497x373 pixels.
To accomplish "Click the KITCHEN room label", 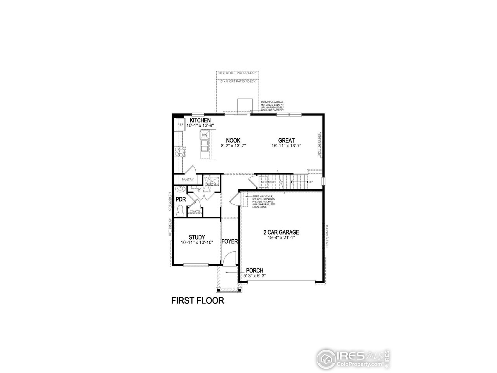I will [200, 120].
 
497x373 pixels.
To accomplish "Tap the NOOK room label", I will [233, 140].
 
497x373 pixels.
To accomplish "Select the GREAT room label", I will [286, 140].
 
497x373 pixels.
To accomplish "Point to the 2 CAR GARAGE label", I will [281, 232].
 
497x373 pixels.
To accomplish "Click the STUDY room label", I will [197, 237].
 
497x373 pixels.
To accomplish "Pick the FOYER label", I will [229, 241].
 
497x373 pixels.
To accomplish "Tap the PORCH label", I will [254, 270].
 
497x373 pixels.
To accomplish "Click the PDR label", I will [181, 199].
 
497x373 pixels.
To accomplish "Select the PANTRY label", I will [188, 180].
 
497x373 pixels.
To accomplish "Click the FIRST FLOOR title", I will [198, 301].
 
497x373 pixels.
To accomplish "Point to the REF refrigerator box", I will [180, 125].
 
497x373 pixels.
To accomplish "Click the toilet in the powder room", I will [180, 210].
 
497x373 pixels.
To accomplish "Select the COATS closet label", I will [195, 211].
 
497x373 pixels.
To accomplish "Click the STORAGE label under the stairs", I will [268, 182].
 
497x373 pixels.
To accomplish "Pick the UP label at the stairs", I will [311, 182].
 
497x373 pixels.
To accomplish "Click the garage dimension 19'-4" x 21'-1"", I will [281, 238].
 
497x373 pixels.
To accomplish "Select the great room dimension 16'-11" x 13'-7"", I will [286, 146].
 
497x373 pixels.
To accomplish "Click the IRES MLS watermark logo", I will [354, 357].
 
